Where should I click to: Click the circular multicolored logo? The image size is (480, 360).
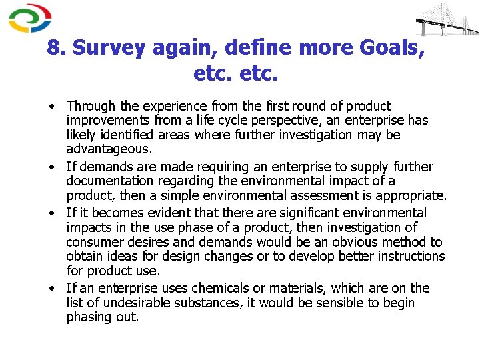coord(30,18)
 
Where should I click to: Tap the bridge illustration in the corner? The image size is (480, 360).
coord(446,20)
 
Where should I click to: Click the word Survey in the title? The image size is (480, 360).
coord(110,48)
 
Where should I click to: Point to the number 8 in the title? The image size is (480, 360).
coord(55,48)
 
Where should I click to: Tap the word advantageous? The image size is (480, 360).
coord(109,149)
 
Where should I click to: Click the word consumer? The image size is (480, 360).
coord(95,242)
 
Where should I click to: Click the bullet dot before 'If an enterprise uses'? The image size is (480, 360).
coord(51,289)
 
